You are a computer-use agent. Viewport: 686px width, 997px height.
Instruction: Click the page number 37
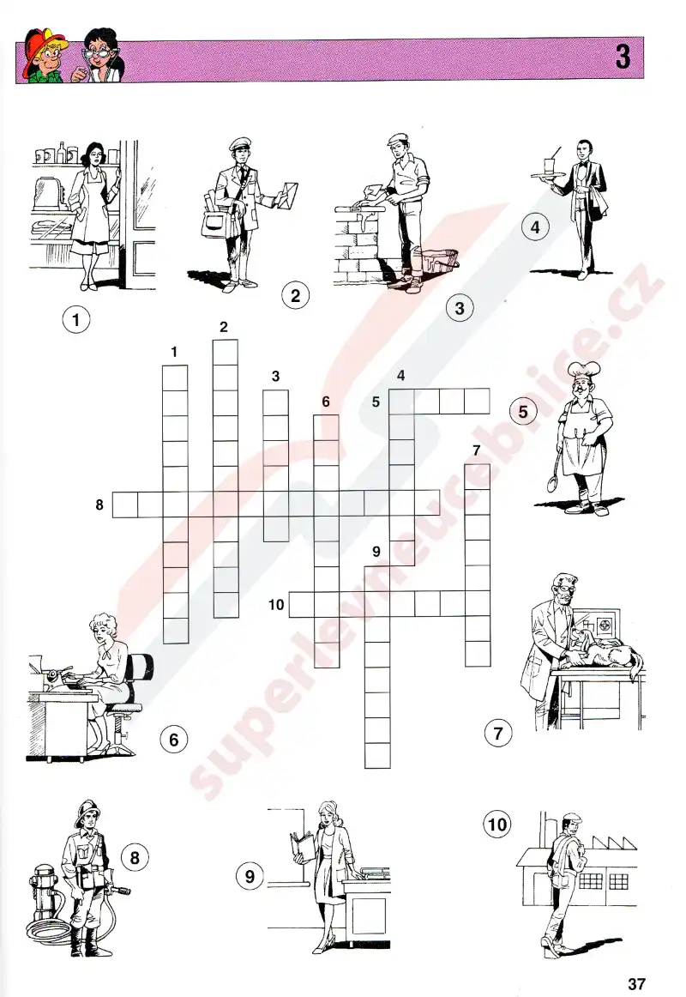click(636, 983)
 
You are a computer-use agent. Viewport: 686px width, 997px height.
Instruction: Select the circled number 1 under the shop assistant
click(76, 318)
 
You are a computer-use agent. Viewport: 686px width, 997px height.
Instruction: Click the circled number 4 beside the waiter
click(535, 227)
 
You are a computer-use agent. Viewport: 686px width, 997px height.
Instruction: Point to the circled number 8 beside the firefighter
click(135, 857)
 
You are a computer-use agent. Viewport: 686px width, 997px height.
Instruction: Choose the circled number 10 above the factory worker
click(497, 825)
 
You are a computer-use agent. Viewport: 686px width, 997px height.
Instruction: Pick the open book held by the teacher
click(303, 847)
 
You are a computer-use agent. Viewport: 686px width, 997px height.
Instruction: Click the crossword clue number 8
click(99, 505)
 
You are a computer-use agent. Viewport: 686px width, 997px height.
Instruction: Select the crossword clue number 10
click(275, 604)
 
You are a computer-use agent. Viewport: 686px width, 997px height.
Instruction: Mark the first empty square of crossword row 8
click(125, 505)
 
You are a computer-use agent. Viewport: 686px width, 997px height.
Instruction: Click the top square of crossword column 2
click(226, 353)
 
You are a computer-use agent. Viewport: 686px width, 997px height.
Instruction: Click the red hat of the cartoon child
click(38, 45)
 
